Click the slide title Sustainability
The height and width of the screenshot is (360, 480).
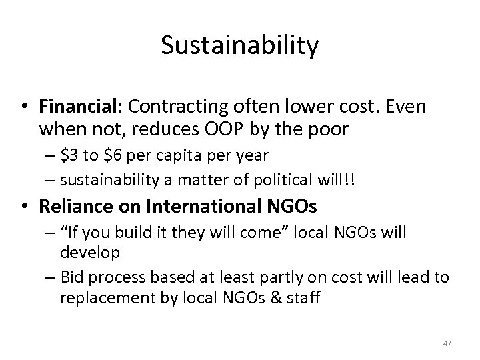(x=240, y=46)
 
